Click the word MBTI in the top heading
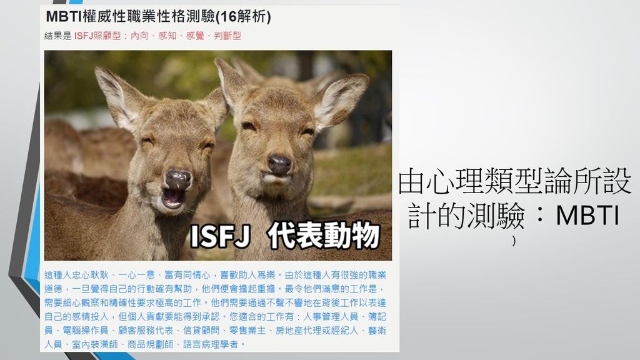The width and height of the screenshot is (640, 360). point(64,17)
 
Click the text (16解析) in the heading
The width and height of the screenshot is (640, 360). point(243,17)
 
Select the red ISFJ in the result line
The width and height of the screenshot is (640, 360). point(84,36)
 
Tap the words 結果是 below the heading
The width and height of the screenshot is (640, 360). point(58,36)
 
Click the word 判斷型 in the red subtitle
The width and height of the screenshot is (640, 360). point(227,36)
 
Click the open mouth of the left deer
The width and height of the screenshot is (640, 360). point(173,198)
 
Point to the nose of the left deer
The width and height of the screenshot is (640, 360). point(178,179)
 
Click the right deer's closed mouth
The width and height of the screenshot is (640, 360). point(277,179)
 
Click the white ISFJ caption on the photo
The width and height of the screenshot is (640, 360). point(220,236)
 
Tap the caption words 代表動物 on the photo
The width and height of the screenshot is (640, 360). point(323,236)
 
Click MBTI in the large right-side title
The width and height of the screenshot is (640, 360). point(588,216)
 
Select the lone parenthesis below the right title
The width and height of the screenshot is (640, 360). point(514,241)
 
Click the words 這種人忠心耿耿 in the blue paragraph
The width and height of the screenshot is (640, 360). point(77,276)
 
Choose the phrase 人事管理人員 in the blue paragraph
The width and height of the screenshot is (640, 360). point(331,317)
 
